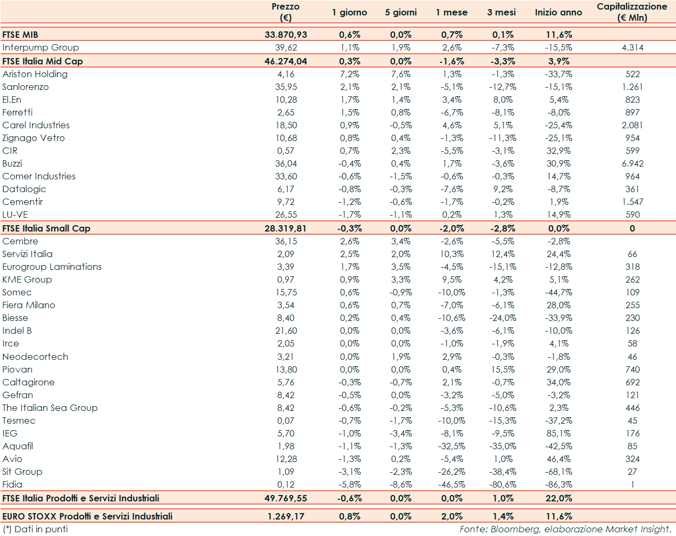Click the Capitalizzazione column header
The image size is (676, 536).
tap(632, 12)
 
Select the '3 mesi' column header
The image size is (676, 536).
tap(501, 12)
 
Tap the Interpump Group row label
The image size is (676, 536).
tap(40, 47)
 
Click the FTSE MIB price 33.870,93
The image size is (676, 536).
tap(286, 35)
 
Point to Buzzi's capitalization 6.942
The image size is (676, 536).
tap(632, 163)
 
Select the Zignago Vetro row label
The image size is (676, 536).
tap(34, 138)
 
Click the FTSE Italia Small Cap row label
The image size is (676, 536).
tap(46, 228)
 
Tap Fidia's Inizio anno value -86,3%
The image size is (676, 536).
tap(558, 484)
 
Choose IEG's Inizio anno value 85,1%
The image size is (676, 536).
tap(558, 433)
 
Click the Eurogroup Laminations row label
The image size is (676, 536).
tap(52, 267)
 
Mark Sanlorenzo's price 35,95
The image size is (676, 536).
tap(286, 87)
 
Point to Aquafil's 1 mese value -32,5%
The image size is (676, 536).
tap(451, 446)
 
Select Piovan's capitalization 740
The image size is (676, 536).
tap(632, 369)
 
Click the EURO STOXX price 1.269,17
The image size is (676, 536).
tap(286, 516)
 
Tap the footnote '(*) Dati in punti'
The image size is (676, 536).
tap(35, 529)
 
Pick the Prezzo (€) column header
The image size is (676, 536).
tap(286, 12)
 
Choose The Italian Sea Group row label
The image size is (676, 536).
tap(50, 408)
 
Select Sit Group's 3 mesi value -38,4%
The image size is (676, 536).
tap(502, 472)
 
